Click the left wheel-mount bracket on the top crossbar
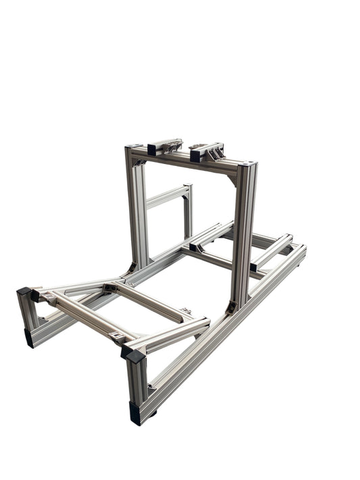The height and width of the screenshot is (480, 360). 165,146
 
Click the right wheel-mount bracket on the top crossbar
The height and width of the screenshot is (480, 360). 207,151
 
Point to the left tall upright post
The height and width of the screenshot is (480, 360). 138,209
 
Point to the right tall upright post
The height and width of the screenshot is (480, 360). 242,236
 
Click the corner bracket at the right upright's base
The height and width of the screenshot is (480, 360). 232,306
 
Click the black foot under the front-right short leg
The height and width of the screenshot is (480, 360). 136,413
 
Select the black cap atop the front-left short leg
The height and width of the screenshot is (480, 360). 26,292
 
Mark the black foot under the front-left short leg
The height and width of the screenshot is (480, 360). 28,338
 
